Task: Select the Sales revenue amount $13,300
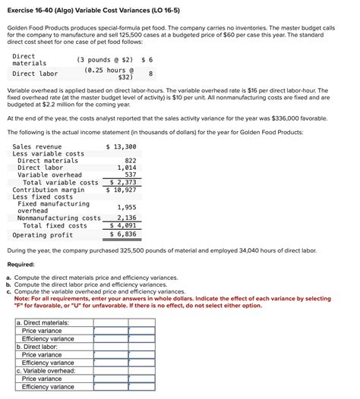pyautogui.click(x=121, y=146)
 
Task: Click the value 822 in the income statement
pyautogui.click(x=130, y=161)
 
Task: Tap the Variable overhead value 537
pyautogui.click(x=130, y=175)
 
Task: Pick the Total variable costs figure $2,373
pyautogui.click(x=123, y=182)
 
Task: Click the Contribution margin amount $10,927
pyautogui.click(x=122, y=190)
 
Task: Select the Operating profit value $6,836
pyautogui.click(x=123, y=234)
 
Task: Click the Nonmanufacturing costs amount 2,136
pyautogui.click(x=127, y=218)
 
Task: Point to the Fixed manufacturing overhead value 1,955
pyautogui.click(x=127, y=207)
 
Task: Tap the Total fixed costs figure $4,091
pyautogui.click(x=123, y=226)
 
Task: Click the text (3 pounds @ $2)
pyautogui.click(x=105, y=59)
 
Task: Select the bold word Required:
pyautogui.click(x=24, y=265)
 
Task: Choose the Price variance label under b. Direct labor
pyautogui.click(x=42, y=354)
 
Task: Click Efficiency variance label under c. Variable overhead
pyautogui.click(x=48, y=387)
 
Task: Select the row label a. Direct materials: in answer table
pyautogui.click(x=43, y=322)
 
